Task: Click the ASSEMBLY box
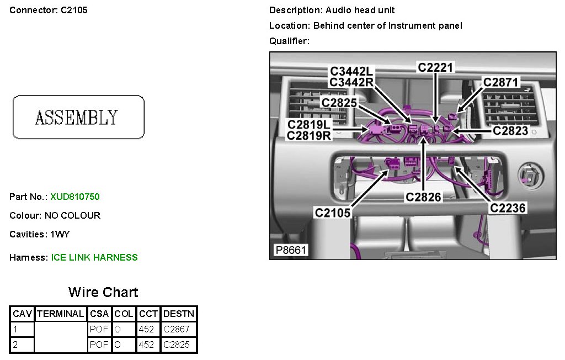pos(78,117)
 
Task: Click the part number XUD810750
pos(75,197)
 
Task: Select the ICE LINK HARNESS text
pos(94,257)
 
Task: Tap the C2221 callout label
pos(435,67)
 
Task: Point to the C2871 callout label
pos(501,82)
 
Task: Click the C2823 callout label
pos(510,131)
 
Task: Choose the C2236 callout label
pos(508,208)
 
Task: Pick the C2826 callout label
pos(424,197)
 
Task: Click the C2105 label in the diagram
pos(333,212)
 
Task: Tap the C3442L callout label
pos(351,72)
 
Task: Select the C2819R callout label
pos(309,135)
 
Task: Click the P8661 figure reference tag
pos(291,251)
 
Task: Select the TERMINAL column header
pos(60,314)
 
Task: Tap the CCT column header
pos(148,314)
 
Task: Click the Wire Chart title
pos(103,292)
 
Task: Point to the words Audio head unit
pos(360,10)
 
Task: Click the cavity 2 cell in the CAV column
pos(22,345)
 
